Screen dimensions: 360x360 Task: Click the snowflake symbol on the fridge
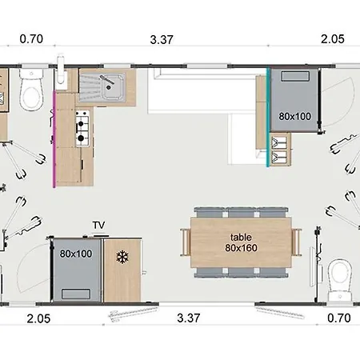tap(122, 258)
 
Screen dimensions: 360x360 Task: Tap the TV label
tap(98, 226)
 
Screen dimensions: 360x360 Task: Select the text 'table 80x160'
tap(241, 242)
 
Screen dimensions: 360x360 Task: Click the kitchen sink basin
tap(113, 86)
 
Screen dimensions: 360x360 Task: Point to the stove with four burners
tap(82, 128)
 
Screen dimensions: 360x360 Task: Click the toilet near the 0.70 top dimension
tap(31, 90)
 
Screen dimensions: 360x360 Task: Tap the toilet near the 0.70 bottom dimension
tap(339, 280)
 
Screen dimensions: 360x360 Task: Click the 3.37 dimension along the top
tap(162, 40)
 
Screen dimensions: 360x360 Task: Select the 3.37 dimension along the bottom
tap(188, 318)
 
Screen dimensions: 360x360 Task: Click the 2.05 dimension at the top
tap(333, 39)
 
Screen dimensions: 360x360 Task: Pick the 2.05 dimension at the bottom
tap(38, 318)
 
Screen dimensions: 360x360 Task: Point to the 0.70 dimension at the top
tap(31, 39)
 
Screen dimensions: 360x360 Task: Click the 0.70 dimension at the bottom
tap(338, 318)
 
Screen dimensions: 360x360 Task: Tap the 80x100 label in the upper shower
tap(295, 116)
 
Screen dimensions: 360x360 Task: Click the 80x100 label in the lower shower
tap(76, 254)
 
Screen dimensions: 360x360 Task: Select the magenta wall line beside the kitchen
tap(54, 139)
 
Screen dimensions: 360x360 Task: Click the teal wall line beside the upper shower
tap(267, 118)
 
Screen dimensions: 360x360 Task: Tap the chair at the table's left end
tap(185, 242)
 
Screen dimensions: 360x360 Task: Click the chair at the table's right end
tap(297, 242)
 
